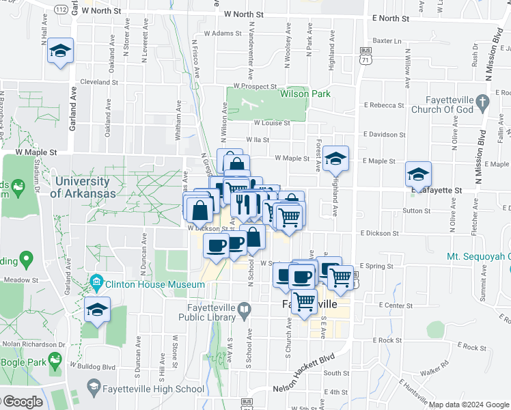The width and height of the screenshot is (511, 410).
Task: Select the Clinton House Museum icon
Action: tap(96, 282)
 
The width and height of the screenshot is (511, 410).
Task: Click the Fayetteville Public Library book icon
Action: tap(244, 312)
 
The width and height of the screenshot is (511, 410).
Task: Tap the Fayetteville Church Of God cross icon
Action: tap(482, 103)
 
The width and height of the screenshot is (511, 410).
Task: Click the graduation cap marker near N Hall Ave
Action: tap(60, 51)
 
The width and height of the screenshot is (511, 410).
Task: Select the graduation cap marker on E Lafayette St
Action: tap(418, 174)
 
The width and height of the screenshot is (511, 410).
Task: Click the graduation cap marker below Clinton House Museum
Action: tap(97, 310)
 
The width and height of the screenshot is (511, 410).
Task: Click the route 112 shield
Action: tap(61, 10)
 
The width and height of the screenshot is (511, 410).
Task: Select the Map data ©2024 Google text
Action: tap(469, 405)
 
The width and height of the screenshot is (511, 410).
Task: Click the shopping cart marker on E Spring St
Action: tap(340, 277)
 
